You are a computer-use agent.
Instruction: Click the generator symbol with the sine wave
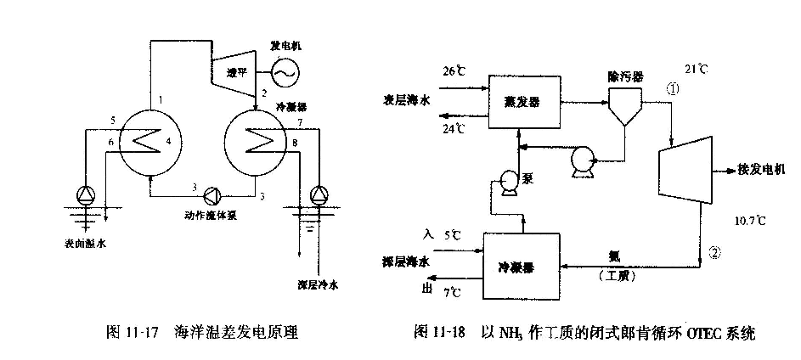tap(282, 76)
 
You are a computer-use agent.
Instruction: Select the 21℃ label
tap(698, 68)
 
